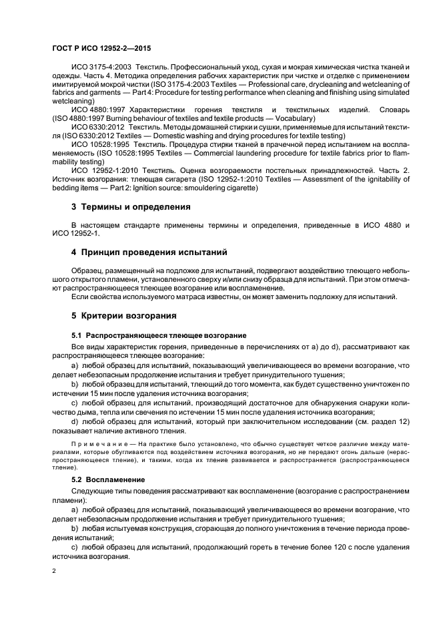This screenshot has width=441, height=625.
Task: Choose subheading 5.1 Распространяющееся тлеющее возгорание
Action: [159, 334]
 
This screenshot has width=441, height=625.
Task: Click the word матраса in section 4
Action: [207, 296]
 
